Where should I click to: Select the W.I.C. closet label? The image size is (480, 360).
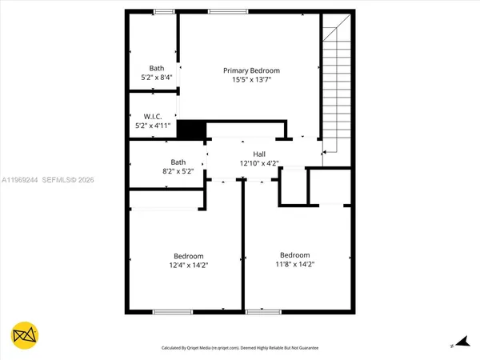click(153, 116)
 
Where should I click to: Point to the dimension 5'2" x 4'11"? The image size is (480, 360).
click(153, 126)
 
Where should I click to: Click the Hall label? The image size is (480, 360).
click(259, 154)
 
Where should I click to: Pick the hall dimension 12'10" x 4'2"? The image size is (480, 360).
click(259, 164)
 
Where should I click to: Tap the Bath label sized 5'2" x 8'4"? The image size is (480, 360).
click(156, 68)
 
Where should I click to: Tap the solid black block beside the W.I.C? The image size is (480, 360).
click(190, 130)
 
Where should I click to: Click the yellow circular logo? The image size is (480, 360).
click(26, 336)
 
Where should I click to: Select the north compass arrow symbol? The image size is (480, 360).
click(459, 342)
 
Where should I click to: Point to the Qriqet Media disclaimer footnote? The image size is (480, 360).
click(239, 348)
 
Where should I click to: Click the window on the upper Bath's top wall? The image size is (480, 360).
click(165, 11)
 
